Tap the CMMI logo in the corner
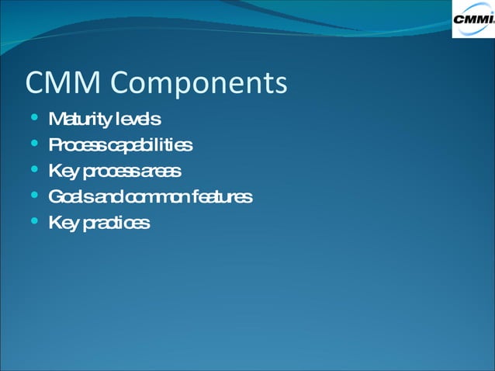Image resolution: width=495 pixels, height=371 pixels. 472,19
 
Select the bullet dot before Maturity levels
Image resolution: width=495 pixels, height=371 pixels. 33,119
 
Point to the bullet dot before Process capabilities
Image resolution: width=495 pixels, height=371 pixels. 33,144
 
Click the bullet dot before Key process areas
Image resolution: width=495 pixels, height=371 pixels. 33,171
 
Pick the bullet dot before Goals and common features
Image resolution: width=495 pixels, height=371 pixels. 33,196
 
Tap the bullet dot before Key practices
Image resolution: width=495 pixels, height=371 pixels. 33,223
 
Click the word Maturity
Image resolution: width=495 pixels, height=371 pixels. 78,120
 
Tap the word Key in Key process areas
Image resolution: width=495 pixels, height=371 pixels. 62,172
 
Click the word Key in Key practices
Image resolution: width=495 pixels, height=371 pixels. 62,224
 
